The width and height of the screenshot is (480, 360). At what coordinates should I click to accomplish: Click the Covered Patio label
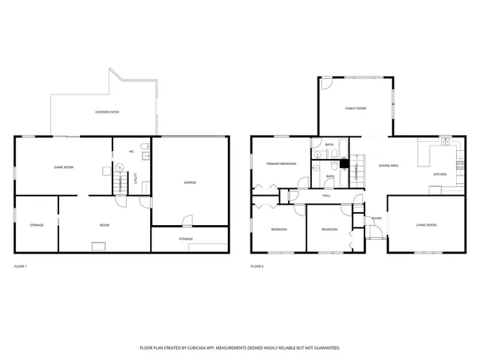[107, 112]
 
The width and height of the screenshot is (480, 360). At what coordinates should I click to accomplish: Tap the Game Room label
[63, 166]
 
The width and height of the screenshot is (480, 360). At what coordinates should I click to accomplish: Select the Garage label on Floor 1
[190, 182]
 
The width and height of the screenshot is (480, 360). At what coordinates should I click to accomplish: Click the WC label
[131, 151]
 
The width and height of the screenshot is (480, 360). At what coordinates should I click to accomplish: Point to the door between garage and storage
[184, 221]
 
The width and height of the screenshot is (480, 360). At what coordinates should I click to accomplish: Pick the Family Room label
[355, 109]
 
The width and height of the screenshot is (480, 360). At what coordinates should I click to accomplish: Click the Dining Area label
[388, 166]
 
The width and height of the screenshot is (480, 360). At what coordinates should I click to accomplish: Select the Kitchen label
[440, 174]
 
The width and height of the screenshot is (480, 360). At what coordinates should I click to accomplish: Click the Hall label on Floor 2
[327, 196]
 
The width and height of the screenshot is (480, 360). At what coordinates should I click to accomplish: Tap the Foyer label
[376, 218]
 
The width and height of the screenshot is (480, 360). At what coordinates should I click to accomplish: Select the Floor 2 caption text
[257, 266]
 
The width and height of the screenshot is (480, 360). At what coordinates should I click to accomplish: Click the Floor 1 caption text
[20, 266]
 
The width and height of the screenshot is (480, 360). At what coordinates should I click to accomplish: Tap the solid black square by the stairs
[344, 164]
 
